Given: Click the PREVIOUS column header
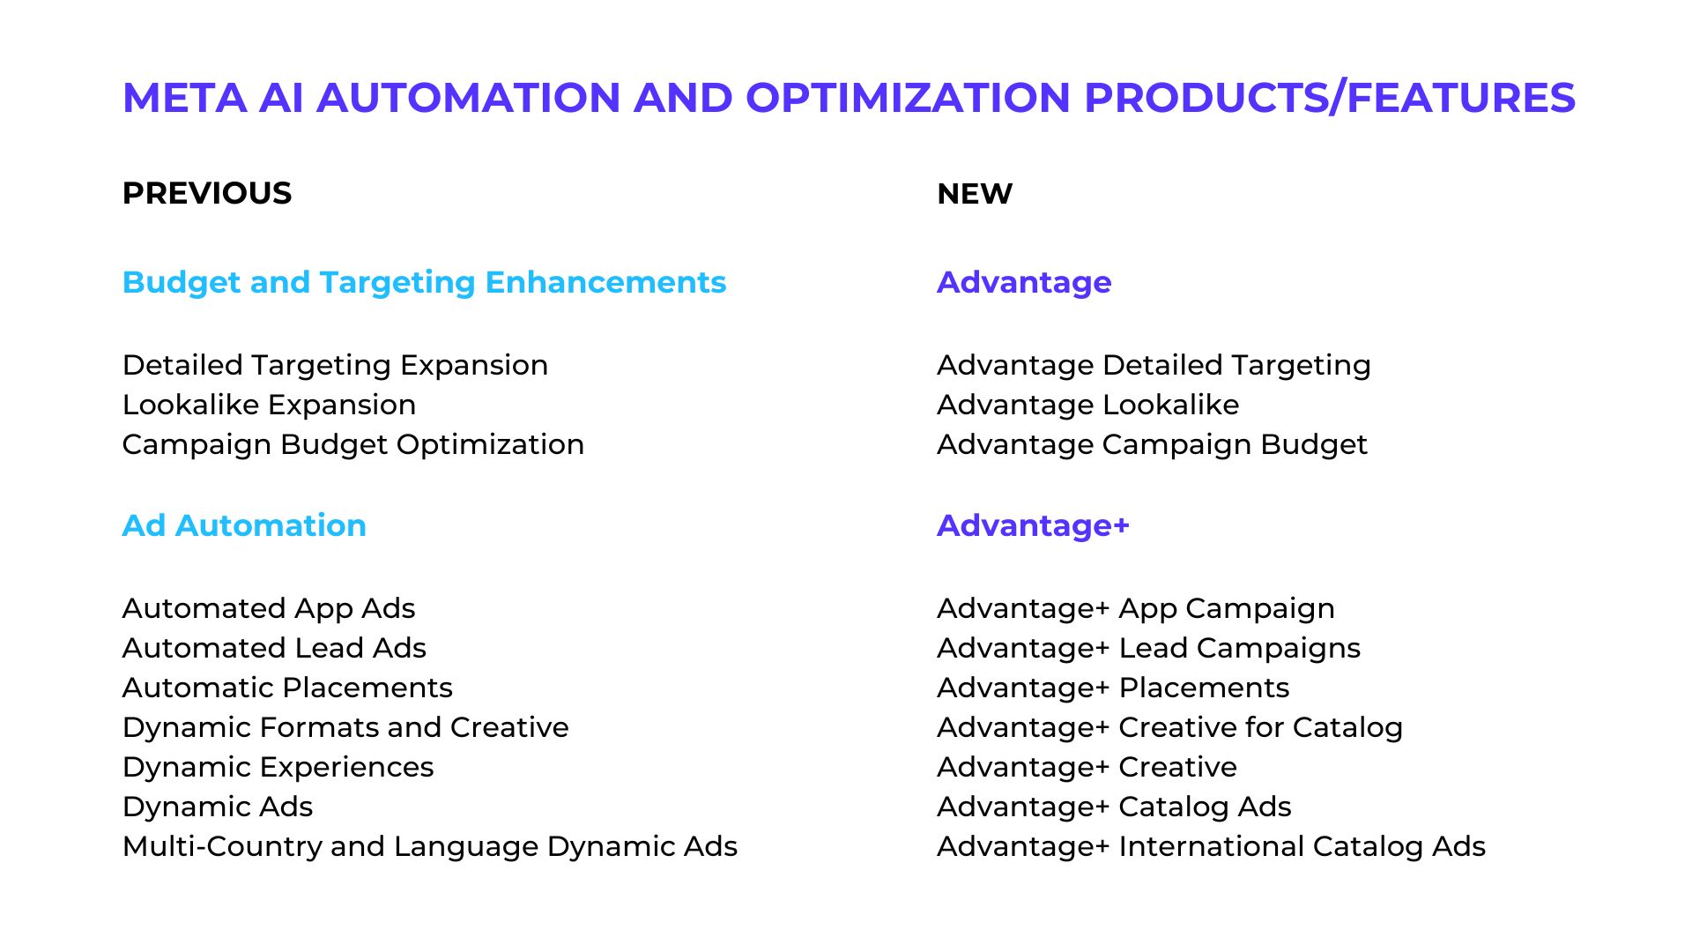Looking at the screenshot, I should (207, 193).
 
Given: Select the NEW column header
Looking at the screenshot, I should (975, 193).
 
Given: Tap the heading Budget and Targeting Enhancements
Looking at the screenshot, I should (424, 282).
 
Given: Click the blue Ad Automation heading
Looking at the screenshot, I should (244, 525).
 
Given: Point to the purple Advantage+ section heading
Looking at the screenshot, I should (1033, 525).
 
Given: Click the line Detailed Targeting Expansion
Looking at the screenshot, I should (335, 365).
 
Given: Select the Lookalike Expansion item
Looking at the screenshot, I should (269, 405).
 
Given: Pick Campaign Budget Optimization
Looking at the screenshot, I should (352, 444).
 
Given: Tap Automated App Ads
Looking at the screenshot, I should (269, 608).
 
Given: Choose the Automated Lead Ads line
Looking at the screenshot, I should (274, 648).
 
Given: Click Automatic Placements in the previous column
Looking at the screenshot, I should (287, 688).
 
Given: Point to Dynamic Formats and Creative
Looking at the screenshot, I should (345, 727).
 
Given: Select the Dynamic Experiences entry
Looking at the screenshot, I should (278, 767).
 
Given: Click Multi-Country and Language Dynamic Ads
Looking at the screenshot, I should (430, 846).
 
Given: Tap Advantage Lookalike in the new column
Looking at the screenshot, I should (1087, 405).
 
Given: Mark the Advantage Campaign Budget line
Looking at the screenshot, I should (1152, 444).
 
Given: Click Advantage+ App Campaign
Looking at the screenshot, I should (1135, 608).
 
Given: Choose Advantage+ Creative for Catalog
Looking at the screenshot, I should (1169, 727).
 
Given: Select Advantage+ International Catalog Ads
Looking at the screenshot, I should (1211, 846).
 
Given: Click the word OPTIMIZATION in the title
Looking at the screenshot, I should (908, 97).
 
